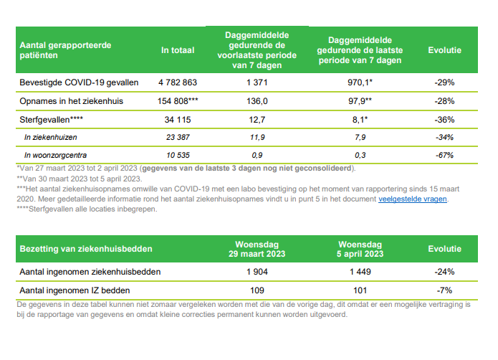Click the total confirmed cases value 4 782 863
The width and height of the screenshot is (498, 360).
175,82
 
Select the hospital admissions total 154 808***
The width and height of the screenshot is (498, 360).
175,101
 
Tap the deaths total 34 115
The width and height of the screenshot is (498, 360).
175,118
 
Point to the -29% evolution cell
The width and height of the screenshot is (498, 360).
444,82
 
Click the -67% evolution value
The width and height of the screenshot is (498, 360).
444,154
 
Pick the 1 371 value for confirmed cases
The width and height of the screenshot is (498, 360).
256,82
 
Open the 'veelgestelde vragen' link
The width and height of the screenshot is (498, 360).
413,199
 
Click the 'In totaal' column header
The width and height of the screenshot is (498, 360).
175,49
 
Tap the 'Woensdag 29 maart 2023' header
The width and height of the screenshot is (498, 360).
256,248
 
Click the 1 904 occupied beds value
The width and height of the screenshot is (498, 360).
256,272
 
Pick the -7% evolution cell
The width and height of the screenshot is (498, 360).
444,290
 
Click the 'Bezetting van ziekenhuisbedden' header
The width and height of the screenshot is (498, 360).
85,249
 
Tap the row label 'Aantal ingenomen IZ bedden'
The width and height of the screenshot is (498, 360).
76,290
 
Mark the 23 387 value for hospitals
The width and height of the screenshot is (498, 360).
175,136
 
